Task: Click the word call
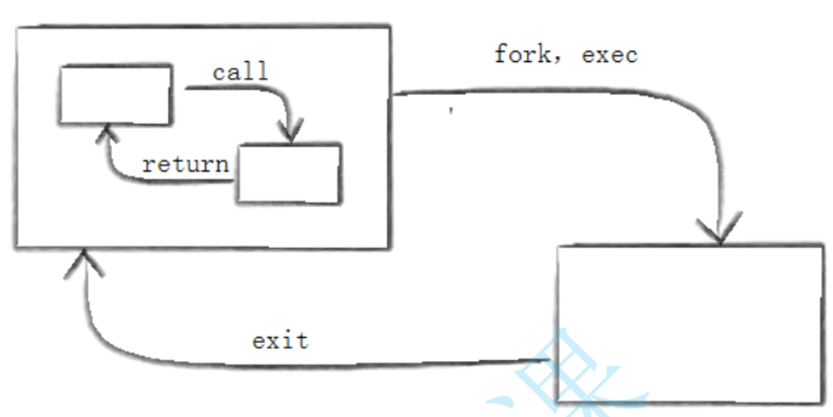tap(240, 71)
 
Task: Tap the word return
tap(186, 163)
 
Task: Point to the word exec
tap(609, 55)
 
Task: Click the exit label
tap(279, 340)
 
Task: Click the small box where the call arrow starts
tap(114, 93)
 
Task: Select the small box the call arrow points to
tap(289, 173)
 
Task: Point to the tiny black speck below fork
tap(450, 111)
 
